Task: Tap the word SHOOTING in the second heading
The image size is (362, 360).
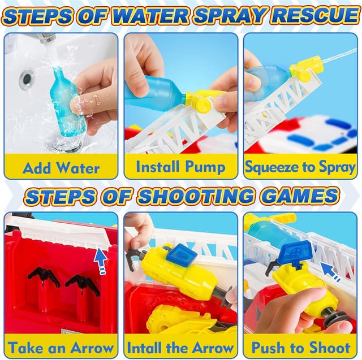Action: coord(198,196)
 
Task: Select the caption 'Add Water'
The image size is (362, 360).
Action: coord(61,168)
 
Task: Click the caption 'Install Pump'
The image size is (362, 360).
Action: coord(181,167)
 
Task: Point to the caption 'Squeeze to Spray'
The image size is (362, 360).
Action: coord(300,167)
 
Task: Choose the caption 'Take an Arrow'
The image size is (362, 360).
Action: coord(61,348)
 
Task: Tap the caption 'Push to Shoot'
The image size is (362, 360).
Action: coord(301,348)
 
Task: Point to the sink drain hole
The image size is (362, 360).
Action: coord(27,79)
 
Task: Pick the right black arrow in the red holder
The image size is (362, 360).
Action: coord(83,285)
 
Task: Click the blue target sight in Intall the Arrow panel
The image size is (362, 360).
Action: coord(182,255)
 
